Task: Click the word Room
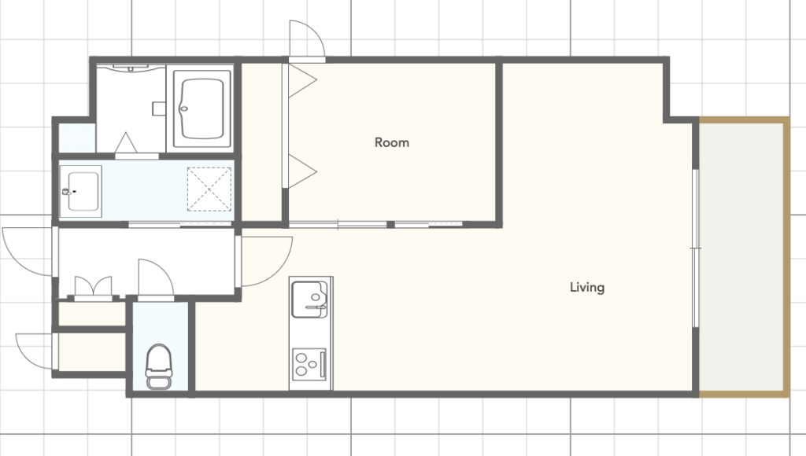coord(392,142)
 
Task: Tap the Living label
coord(587,287)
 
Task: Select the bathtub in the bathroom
coord(202,108)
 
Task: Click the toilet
coord(159,366)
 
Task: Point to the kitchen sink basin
coord(309,300)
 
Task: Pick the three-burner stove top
coord(309,364)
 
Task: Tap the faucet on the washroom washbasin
coord(68,192)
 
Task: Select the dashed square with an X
coord(209,189)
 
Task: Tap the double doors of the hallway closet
coord(93,286)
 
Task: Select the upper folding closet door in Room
coord(302,80)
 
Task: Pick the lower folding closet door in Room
coord(302,171)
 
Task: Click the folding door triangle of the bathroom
coord(126,142)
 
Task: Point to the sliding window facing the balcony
coord(696,248)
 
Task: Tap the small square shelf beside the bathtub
coord(159,108)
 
